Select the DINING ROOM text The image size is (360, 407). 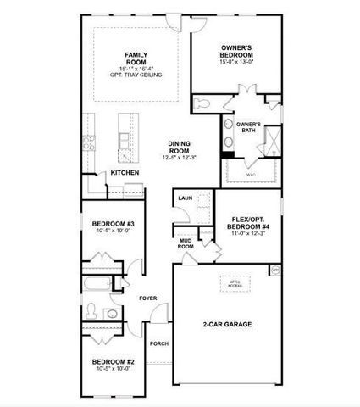(x=180, y=146)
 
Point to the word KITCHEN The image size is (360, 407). (x=125, y=173)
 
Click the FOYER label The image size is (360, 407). (x=148, y=298)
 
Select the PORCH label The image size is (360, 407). (x=158, y=343)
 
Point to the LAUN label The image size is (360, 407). (x=184, y=198)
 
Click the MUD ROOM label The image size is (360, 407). (x=186, y=243)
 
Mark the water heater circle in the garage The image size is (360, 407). (x=275, y=270)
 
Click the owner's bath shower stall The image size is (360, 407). (x=274, y=137)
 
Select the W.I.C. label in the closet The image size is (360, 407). (x=251, y=175)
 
